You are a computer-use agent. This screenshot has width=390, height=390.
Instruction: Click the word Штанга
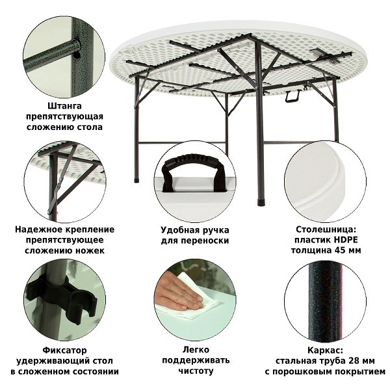pyautogui.click(x=64, y=106)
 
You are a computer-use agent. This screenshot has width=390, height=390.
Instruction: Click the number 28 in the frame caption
pyautogui.click(x=353, y=360)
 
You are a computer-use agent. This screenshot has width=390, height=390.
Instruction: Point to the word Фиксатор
pyautogui.click(x=64, y=350)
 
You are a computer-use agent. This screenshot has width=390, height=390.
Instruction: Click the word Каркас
pyautogui.click(x=325, y=350)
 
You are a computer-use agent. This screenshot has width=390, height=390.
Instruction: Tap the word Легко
pyautogui.click(x=196, y=350)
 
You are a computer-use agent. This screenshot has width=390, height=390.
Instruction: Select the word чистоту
pyautogui.click(x=196, y=371)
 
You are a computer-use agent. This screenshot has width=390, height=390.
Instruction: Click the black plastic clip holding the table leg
pyautogui.click(x=62, y=298)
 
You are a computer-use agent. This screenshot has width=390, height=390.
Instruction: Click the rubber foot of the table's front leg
pyautogui.click(x=261, y=202)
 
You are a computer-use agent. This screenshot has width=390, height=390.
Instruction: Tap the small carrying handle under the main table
pyautogui.click(x=292, y=96)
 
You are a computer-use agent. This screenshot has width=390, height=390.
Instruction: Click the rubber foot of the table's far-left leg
pyautogui.click(x=136, y=180)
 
